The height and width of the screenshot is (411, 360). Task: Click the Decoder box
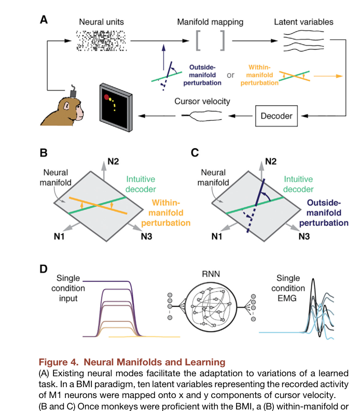(x=276, y=116)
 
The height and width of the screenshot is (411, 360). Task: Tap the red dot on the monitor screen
(x=106, y=97)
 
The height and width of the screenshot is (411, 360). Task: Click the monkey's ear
(x=66, y=106)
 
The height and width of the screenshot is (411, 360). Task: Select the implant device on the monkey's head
(x=73, y=92)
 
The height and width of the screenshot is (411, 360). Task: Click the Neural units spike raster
(x=101, y=40)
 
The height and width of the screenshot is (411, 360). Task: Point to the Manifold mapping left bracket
(x=198, y=40)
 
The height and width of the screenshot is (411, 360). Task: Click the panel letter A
(x=44, y=20)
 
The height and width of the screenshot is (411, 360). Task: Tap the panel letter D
(x=43, y=269)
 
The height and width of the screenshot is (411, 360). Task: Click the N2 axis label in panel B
(x=113, y=162)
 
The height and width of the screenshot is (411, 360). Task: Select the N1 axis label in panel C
(x=217, y=236)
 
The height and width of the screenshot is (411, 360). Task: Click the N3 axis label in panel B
(x=146, y=236)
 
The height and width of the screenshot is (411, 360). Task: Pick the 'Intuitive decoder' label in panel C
(x=298, y=184)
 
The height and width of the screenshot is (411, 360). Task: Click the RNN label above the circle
(x=211, y=274)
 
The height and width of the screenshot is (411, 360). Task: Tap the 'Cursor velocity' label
(x=202, y=101)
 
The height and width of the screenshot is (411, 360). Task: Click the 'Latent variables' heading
(x=303, y=22)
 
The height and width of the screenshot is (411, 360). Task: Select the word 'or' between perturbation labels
(x=231, y=75)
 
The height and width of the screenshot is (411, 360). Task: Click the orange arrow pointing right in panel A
(x=328, y=76)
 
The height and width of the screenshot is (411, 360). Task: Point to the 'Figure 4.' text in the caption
(x=59, y=362)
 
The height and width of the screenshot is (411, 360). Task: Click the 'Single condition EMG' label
(x=288, y=288)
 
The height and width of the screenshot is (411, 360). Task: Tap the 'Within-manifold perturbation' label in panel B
(x=166, y=212)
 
